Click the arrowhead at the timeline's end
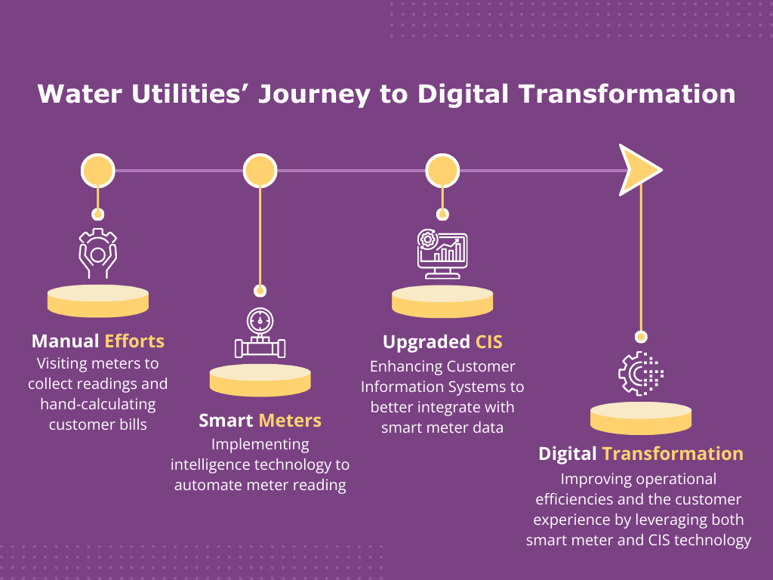639,170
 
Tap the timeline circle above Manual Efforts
98,170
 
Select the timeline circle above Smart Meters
260,170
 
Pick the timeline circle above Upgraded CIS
443,170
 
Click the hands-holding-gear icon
98,252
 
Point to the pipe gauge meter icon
260,334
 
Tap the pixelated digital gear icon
640,372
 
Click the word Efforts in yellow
134,341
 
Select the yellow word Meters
290,421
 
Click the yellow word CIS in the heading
489,342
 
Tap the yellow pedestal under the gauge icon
260,380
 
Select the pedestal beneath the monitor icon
442,301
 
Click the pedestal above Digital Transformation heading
640,418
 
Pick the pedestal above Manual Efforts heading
98,301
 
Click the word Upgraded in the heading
426,342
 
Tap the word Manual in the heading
65,341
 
